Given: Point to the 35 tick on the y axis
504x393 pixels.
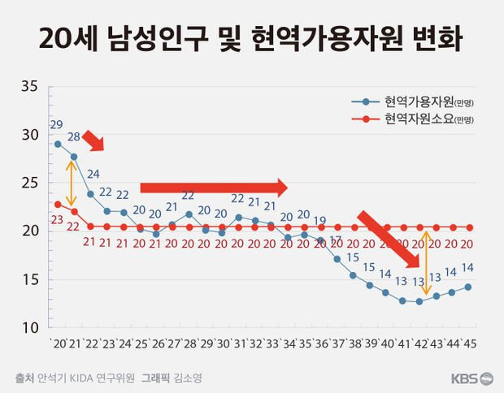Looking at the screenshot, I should point(29,86).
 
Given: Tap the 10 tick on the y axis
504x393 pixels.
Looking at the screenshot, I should point(29,328).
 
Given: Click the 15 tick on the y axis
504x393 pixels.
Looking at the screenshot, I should point(29,280).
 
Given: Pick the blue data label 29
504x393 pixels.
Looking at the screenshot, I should point(56,125).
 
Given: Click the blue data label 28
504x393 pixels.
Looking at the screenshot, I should point(74,136).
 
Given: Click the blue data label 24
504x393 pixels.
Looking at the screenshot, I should point(93,174).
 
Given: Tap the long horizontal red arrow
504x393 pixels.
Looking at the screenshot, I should point(214,188).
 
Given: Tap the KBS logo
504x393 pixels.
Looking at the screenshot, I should point(471,378).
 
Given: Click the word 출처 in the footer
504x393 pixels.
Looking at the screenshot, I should point(25,378).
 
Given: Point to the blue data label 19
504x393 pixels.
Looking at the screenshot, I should point(320,220).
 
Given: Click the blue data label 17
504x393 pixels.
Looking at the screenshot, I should point(336,240).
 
